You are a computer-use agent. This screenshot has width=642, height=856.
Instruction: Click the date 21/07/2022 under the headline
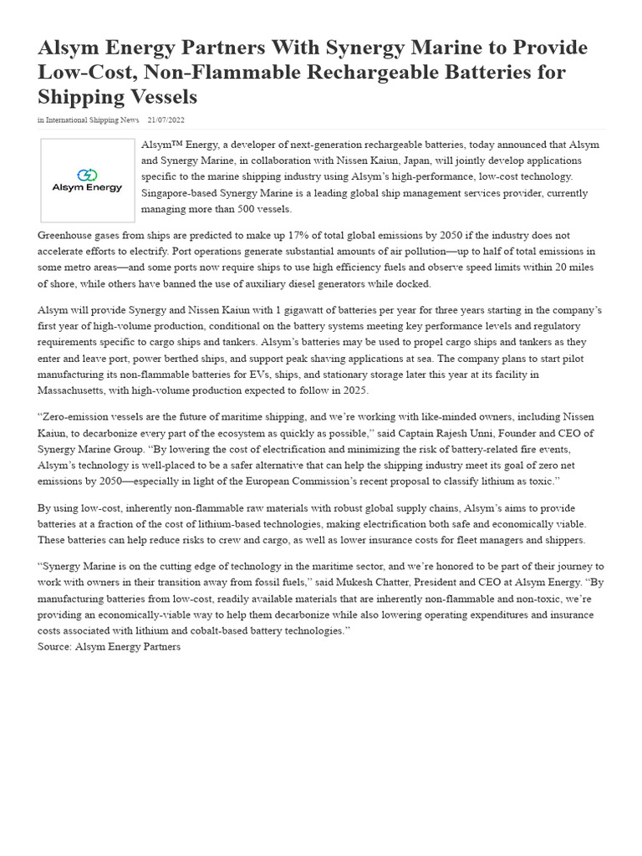pos(166,120)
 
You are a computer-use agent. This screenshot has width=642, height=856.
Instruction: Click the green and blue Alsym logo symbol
pos(87,175)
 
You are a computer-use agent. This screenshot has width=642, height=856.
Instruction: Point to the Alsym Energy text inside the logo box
pos(87,188)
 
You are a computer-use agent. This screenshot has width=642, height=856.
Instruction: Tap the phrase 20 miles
pos(580,267)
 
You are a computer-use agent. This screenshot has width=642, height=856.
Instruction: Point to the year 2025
pos(353,390)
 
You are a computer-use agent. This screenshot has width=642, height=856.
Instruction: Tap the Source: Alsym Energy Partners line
pos(109,647)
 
